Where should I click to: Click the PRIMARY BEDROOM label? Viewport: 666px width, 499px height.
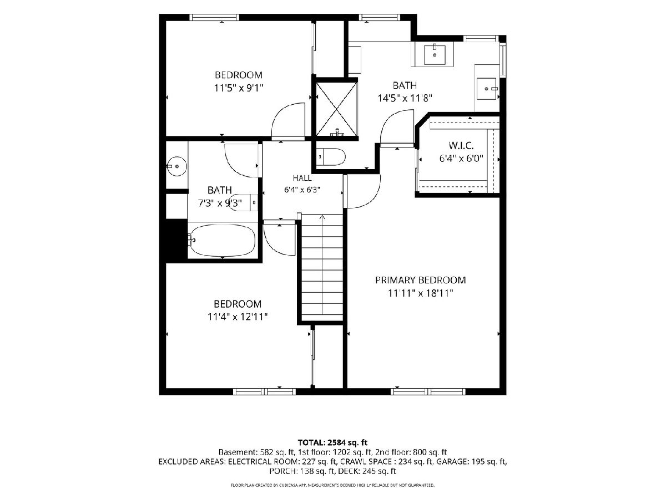coord(420,280)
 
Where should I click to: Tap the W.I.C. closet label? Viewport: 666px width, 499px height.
coord(461,146)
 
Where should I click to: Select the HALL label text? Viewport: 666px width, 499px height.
coord(302,178)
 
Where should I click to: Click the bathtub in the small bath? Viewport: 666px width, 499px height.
coord(223,241)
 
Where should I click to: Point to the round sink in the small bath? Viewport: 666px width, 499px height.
coord(176,166)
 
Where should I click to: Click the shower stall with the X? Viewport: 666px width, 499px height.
coord(336,109)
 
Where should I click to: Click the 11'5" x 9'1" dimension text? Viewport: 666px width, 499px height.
coord(239,88)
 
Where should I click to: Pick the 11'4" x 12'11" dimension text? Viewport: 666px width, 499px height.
coord(238,317)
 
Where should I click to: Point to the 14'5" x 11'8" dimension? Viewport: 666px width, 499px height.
coord(405,98)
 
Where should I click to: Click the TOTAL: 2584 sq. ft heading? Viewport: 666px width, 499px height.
coord(332,442)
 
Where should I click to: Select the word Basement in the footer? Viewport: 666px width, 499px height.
coord(238,452)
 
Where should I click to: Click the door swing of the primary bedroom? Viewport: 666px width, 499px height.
coord(363,191)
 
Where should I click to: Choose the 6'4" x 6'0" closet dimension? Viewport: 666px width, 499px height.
coord(461,159)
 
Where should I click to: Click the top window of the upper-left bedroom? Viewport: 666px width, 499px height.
coord(214,17)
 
